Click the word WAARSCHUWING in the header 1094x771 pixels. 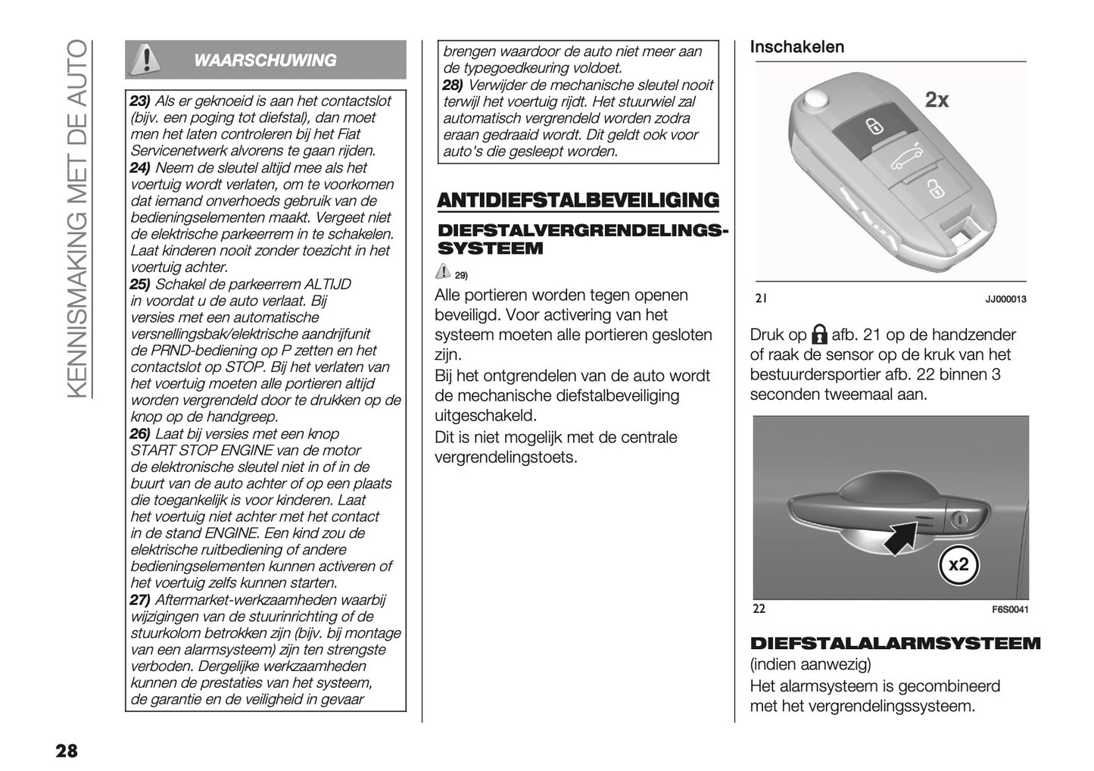click(266, 61)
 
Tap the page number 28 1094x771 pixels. click(66, 751)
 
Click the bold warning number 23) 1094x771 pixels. click(141, 101)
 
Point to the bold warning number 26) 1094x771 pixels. click(140, 434)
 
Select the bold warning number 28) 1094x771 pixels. click(453, 85)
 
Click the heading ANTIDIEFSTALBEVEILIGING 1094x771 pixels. click(578, 201)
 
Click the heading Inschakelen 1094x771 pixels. click(796, 47)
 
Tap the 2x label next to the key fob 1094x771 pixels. click(937, 100)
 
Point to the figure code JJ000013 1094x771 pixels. click(1005, 299)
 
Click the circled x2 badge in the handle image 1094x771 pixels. click(958, 564)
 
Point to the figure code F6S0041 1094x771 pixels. click(1010, 610)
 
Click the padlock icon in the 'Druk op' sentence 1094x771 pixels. click(818, 335)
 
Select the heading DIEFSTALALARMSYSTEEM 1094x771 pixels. click(895, 644)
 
